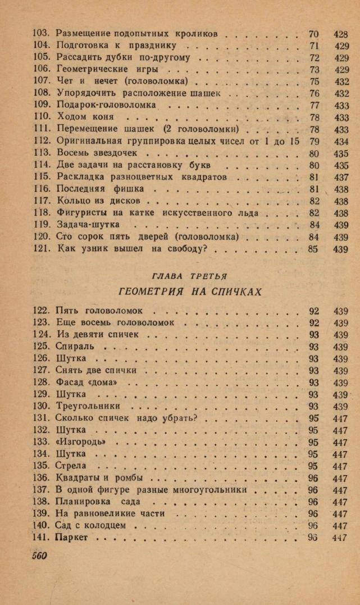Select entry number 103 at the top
click(42, 34)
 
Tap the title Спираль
click(75, 346)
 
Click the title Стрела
click(71, 466)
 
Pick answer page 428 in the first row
click(341, 34)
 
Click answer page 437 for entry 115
click(341, 177)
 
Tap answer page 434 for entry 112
click(341, 140)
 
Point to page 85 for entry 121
click(313, 249)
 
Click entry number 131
click(42, 418)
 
